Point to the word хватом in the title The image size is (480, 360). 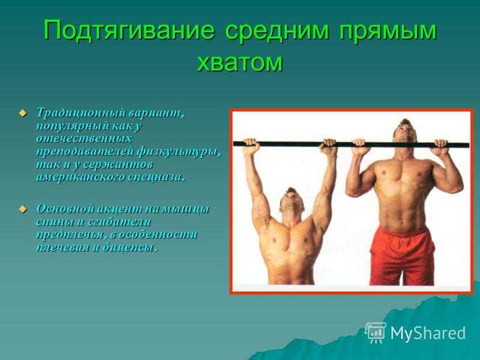pos(239,62)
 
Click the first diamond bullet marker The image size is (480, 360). pos(22,113)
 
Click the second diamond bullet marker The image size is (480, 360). pos(22,209)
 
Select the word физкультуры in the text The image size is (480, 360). pos(178,152)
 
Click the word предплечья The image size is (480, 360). pos(72,235)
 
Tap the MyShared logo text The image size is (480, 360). pos(428,333)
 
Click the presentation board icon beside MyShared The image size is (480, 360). pos(376,332)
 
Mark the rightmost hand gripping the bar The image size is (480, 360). pos(440,148)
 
